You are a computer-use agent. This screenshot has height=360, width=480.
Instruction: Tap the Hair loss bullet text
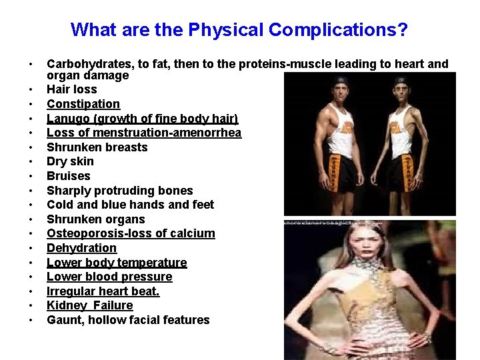[71, 89]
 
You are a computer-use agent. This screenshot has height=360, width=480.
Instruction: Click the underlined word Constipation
[83, 104]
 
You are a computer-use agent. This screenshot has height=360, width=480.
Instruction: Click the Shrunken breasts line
[97, 147]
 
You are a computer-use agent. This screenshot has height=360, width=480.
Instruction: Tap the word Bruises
[68, 176]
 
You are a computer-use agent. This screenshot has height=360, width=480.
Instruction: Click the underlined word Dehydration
[81, 248]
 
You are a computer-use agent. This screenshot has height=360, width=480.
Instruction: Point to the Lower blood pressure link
[109, 277]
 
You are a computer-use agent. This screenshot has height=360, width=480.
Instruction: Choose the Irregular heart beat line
[103, 291]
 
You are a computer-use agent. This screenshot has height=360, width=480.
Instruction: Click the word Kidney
[66, 305]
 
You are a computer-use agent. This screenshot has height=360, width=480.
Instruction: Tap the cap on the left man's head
[341, 81]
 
